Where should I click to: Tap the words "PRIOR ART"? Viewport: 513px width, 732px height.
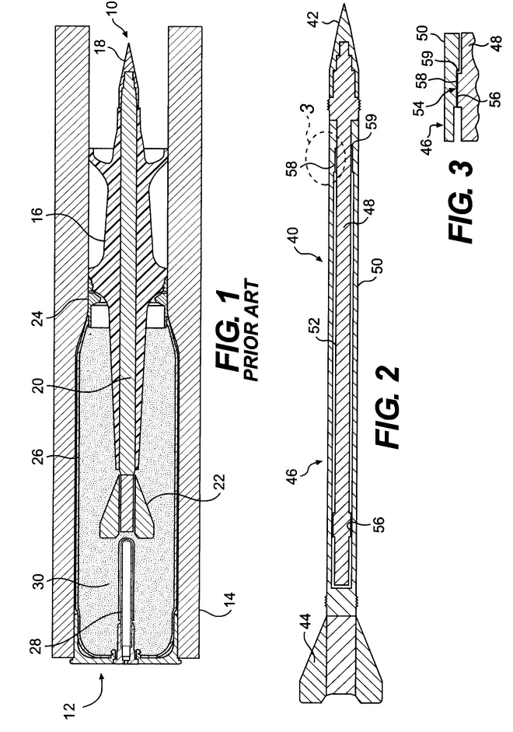point(251,331)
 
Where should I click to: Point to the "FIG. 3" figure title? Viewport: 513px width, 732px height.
point(461,201)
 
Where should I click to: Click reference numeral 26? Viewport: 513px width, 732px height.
point(38,460)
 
